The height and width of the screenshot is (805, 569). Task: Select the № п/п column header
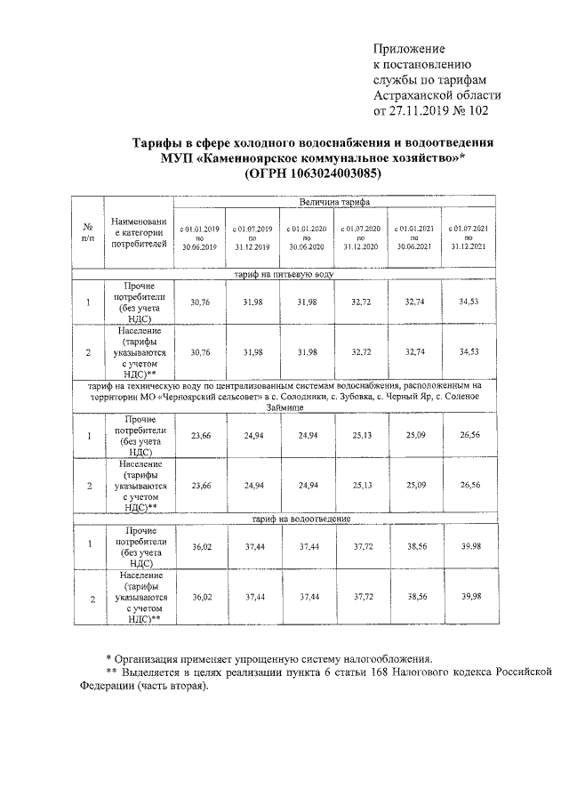[x=87, y=234]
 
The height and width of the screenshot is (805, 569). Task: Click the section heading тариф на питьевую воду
[x=284, y=276]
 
